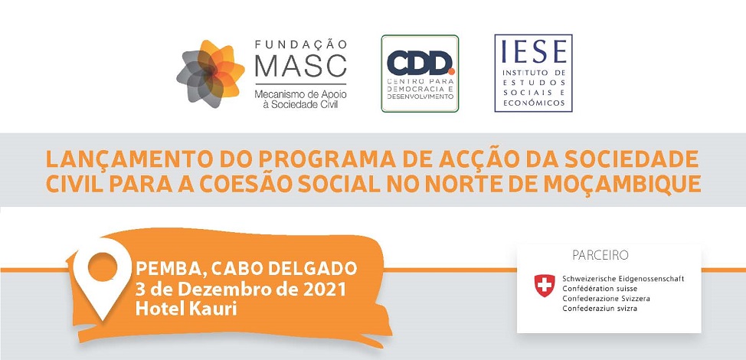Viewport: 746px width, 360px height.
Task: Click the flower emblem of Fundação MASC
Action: (211, 74)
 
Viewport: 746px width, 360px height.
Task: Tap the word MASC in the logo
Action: (301, 67)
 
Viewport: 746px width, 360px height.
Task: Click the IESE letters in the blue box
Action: (533, 51)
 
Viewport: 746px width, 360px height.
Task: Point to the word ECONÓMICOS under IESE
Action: (533, 103)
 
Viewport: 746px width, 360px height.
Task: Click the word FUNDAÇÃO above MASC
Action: (301, 44)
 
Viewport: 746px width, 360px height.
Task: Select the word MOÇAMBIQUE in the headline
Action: (622, 185)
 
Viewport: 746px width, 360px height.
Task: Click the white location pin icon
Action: (102, 277)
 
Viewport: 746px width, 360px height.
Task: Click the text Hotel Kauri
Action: (186, 309)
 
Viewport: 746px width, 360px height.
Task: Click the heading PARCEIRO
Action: (600, 256)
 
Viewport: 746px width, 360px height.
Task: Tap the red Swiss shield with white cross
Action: (545, 286)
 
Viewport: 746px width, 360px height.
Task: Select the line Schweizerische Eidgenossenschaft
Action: (623, 279)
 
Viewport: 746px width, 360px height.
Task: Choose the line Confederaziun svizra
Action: (600, 309)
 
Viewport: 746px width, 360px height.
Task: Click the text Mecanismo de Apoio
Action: (301, 94)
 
